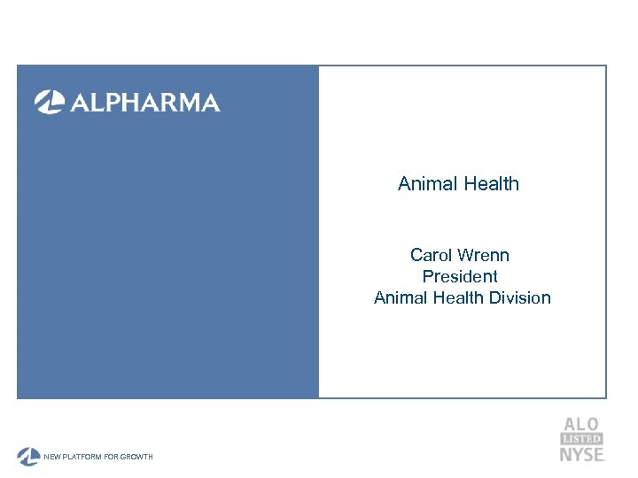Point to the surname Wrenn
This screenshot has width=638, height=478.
[484, 255]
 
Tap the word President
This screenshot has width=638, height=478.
[460, 276]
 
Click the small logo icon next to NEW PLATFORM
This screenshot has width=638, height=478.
[28, 456]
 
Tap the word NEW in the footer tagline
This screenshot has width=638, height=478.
[53, 457]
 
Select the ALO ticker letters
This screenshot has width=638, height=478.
[580, 424]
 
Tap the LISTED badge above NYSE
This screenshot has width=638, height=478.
[581, 439]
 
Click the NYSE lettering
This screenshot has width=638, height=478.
[581, 454]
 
